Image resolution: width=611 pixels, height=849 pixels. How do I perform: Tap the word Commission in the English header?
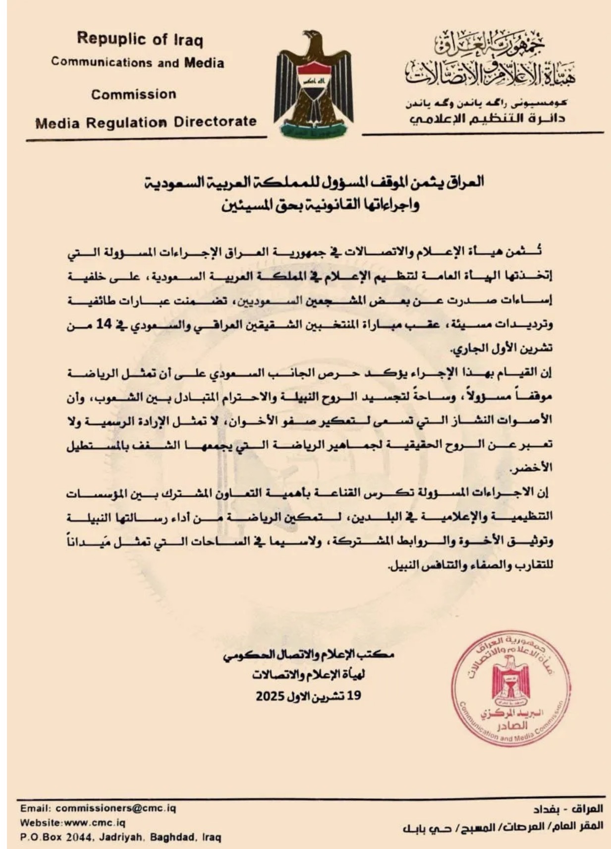133,94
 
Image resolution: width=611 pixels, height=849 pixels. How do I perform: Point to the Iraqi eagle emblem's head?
312,37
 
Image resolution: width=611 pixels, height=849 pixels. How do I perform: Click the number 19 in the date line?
354,695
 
